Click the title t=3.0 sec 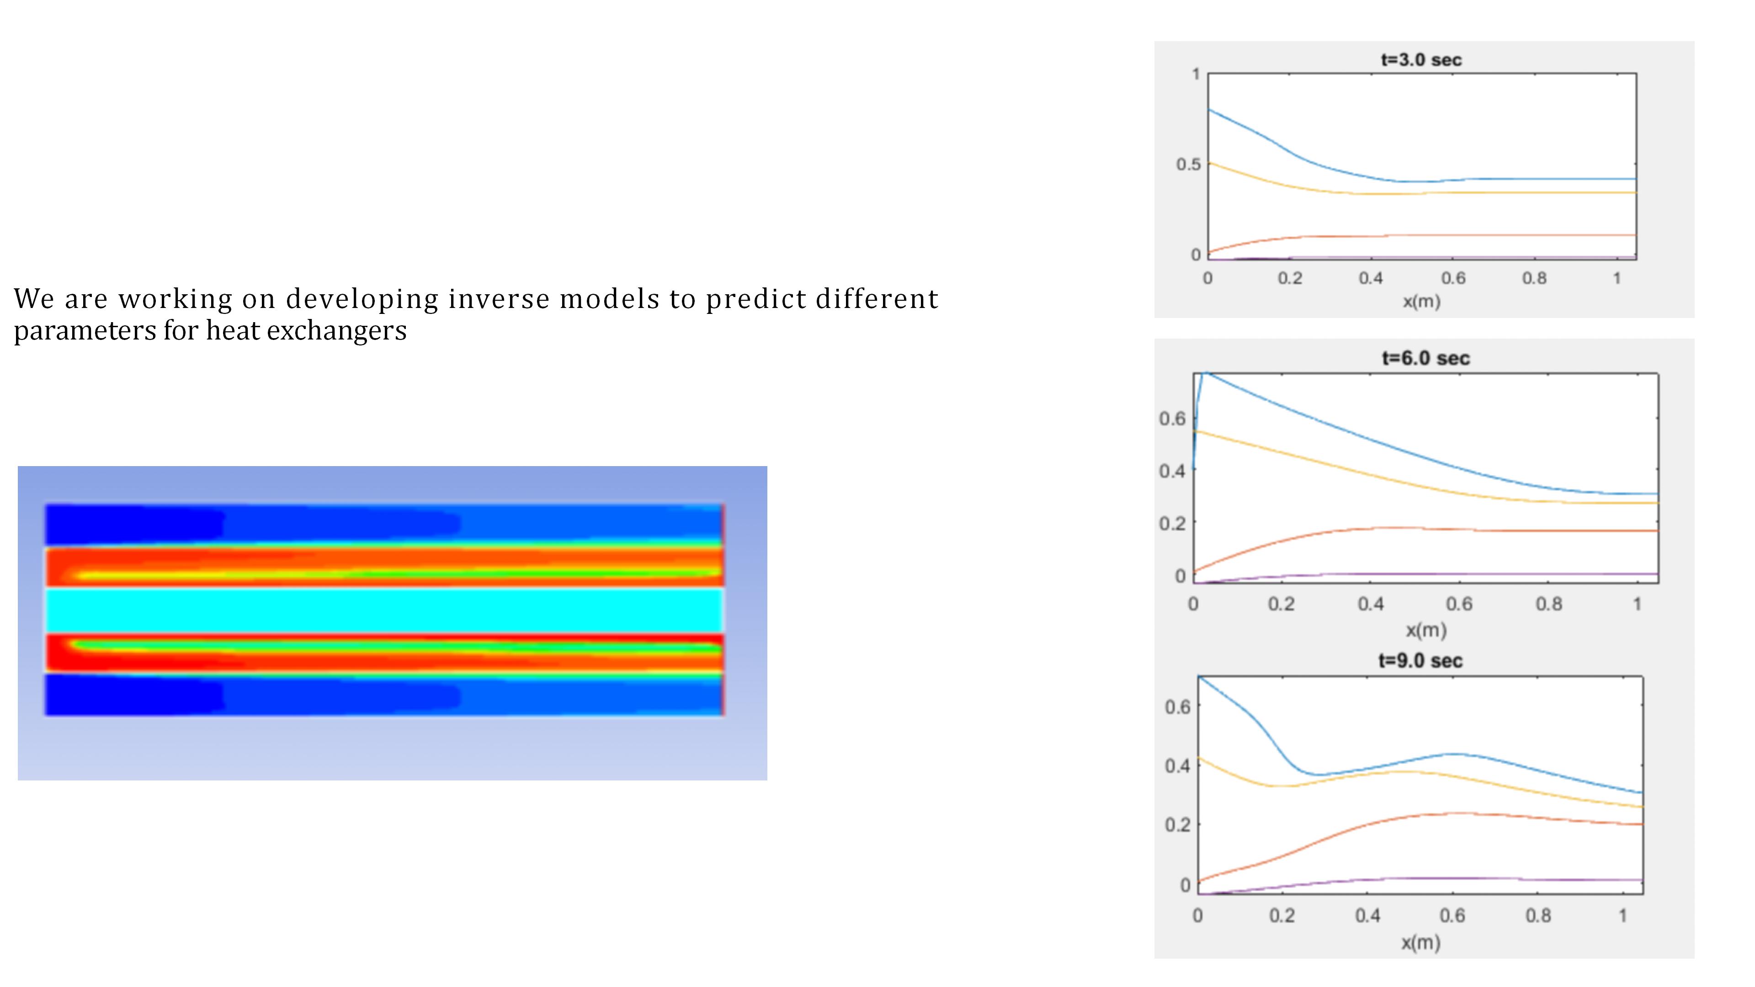(1421, 60)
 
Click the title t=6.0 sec (1426, 358)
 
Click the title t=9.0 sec (1420, 661)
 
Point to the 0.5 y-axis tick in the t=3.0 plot (1188, 164)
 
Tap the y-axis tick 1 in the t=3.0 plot (1196, 74)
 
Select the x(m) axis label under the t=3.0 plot (1421, 301)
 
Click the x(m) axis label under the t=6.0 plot (1426, 630)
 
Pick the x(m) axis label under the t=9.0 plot (1420, 943)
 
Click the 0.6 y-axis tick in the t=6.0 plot (1172, 418)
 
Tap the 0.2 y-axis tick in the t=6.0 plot (1172, 523)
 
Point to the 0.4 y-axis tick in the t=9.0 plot (1177, 766)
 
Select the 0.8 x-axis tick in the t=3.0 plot (1534, 278)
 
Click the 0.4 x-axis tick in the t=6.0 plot (1370, 604)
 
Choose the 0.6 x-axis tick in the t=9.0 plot (1452, 915)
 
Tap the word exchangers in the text (336, 330)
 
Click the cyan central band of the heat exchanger (384, 610)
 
